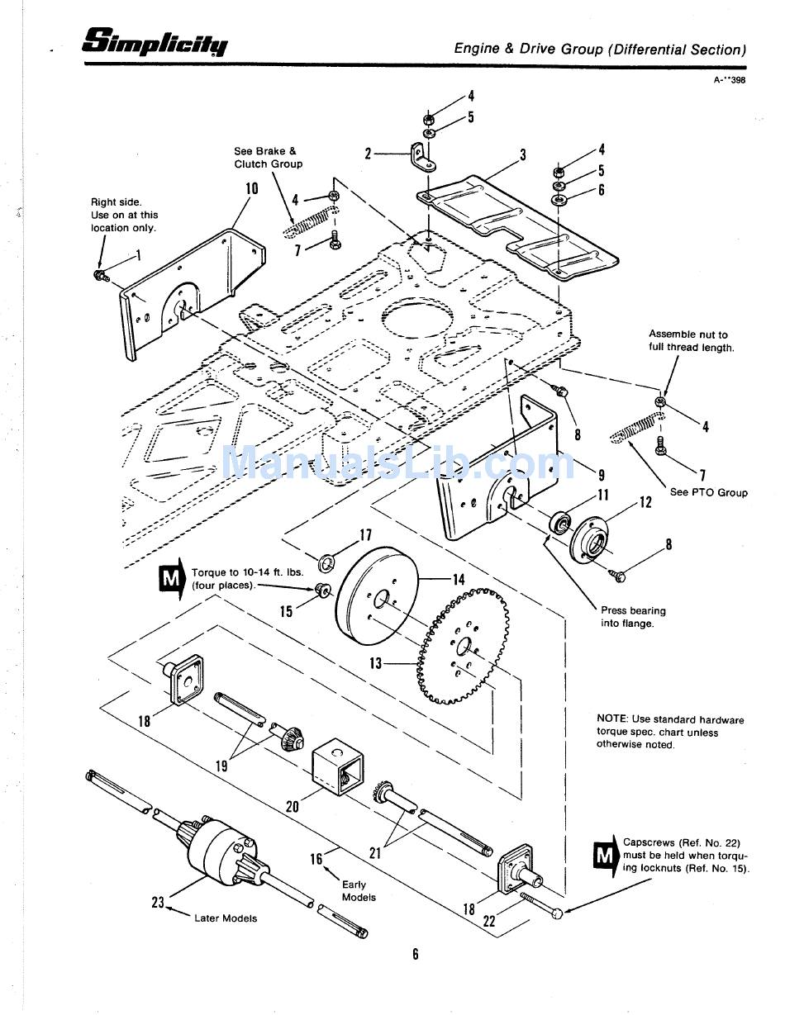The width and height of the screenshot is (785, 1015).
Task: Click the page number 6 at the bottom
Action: (x=416, y=955)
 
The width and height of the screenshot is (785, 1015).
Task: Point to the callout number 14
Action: (x=458, y=579)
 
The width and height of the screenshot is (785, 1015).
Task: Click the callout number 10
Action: (x=251, y=188)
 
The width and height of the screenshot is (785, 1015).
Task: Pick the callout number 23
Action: (x=158, y=903)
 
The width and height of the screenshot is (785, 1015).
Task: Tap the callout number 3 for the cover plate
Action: (x=523, y=154)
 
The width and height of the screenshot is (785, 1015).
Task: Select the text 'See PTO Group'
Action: (x=708, y=493)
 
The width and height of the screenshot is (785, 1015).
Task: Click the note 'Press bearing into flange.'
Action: (x=633, y=617)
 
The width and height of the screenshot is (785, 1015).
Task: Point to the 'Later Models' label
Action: (x=226, y=918)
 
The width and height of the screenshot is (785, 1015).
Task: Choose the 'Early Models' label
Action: (x=358, y=890)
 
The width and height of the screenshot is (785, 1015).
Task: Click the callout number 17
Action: (x=365, y=535)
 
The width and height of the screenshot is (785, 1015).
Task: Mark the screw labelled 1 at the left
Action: (x=101, y=274)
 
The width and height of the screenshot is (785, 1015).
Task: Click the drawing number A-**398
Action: (x=730, y=80)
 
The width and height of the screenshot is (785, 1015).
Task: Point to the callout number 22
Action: (x=489, y=921)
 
